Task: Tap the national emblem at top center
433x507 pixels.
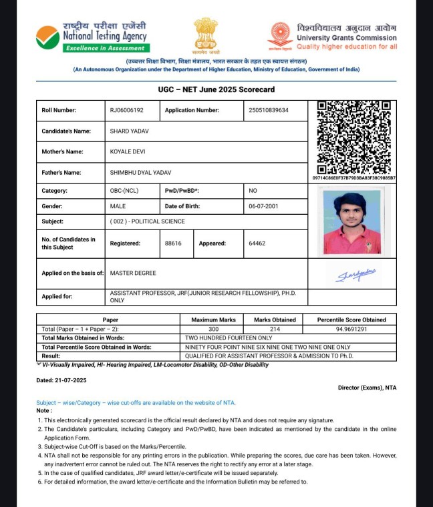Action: point(206,35)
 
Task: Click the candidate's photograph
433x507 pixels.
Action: point(352,220)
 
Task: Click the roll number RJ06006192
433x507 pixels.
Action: point(127,110)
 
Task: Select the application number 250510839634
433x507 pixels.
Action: point(269,110)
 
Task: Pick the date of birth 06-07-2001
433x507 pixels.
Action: point(263,207)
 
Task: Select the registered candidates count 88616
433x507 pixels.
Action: point(173,243)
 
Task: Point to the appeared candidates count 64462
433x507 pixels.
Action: point(257,243)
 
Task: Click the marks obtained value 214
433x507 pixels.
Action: point(275,330)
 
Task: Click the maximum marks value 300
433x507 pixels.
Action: point(214,330)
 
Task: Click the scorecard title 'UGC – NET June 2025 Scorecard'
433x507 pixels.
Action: point(216,89)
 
